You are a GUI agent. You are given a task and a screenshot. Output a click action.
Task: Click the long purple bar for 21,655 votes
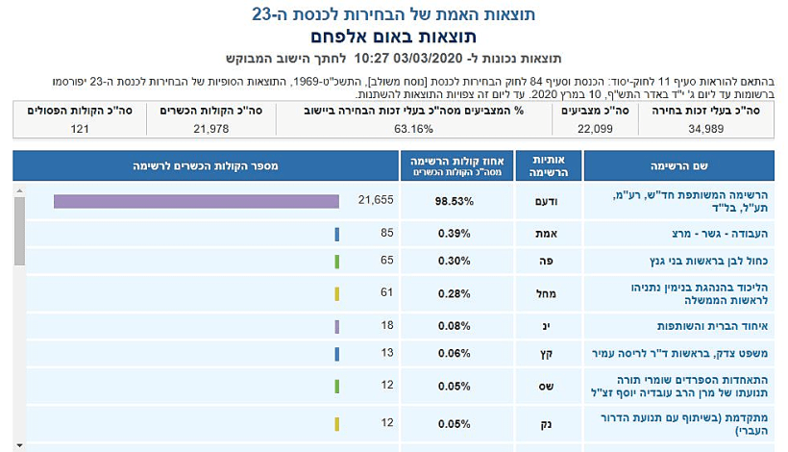196,201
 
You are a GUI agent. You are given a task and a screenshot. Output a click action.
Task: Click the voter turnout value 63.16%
414,128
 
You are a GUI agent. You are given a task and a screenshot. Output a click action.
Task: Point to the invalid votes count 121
81,128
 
